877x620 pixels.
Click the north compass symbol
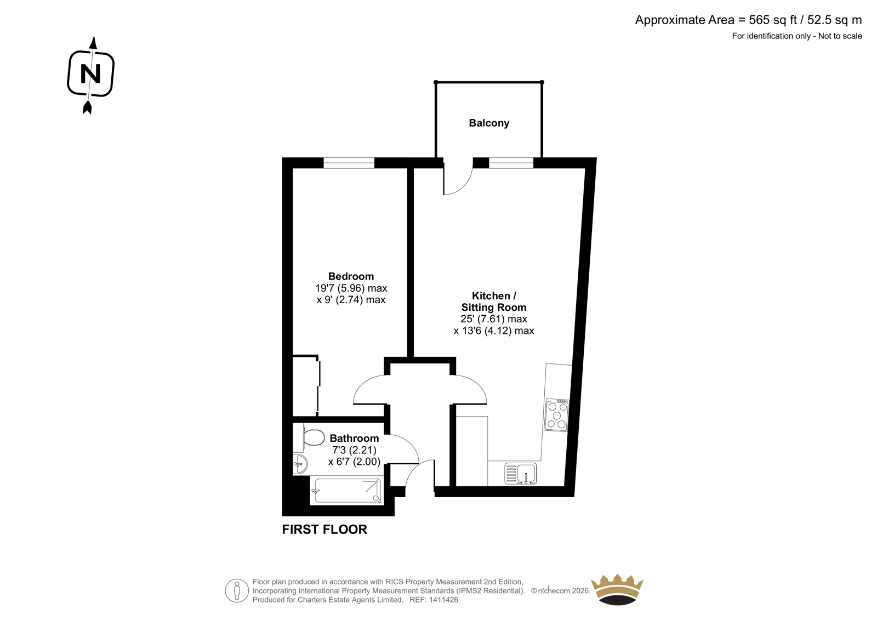click(x=91, y=75)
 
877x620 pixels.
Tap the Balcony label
click(x=489, y=123)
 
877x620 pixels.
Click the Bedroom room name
click(x=351, y=276)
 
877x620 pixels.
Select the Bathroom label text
click(x=354, y=438)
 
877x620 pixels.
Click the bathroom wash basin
click(x=300, y=464)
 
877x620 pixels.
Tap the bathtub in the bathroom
click(x=346, y=491)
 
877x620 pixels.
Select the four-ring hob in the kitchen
click(x=557, y=415)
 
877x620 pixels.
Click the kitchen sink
click(x=520, y=474)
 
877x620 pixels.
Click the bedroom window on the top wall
click(x=349, y=163)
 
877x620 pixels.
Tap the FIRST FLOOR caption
click(x=324, y=530)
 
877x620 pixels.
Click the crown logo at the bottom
click(x=617, y=589)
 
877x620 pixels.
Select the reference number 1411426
click(x=443, y=600)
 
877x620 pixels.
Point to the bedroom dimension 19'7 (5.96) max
click(x=351, y=288)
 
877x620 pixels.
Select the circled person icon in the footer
click(x=237, y=590)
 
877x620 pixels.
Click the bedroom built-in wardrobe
click(x=306, y=386)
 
